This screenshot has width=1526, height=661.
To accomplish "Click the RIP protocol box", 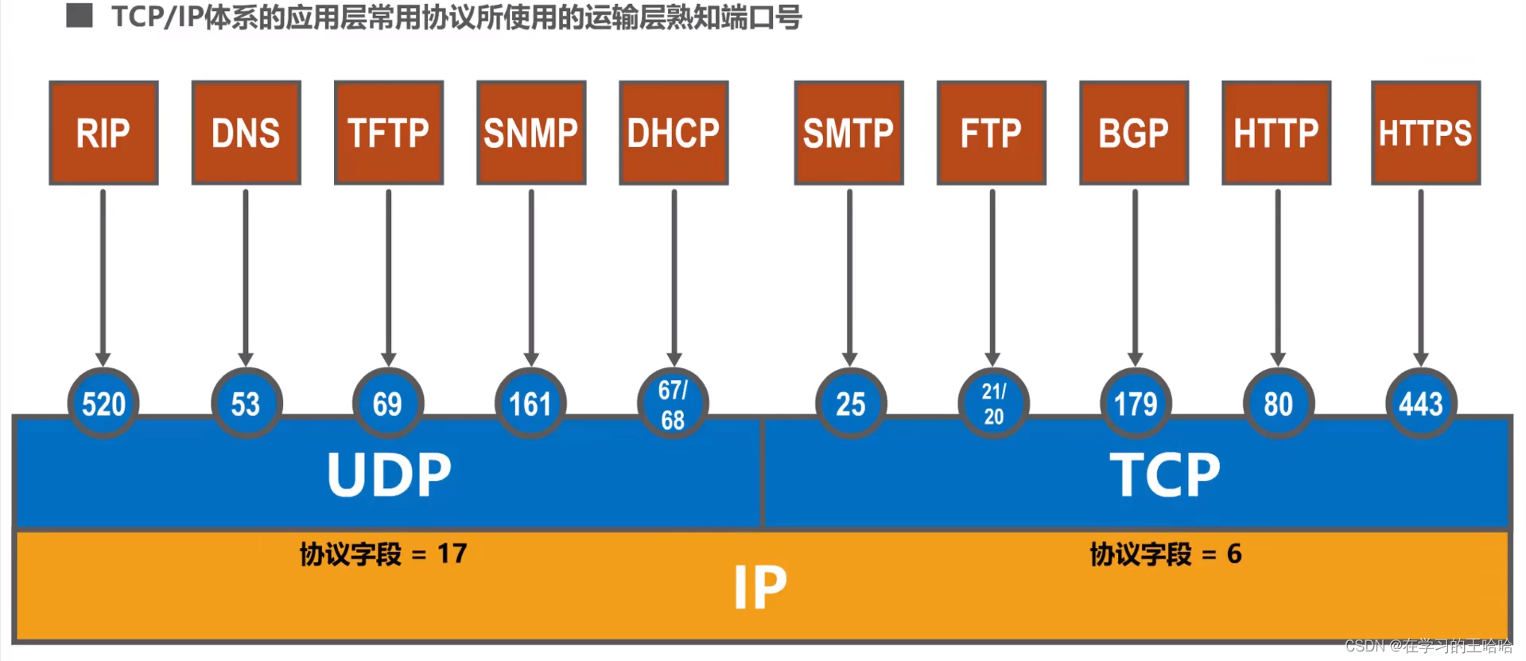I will click(103, 133).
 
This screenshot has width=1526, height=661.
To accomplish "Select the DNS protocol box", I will click(246, 133).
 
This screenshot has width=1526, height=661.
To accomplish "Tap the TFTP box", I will click(388, 133).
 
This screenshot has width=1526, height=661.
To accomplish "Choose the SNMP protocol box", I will click(531, 133).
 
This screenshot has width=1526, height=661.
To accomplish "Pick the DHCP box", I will click(674, 133).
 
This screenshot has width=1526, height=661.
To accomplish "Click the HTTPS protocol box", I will click(1425, 133).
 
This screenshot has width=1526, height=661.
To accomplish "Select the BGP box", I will click(1134, 133).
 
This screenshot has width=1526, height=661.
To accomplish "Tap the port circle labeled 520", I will click(103, 403).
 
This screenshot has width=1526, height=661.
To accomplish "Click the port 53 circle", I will click(246, 403).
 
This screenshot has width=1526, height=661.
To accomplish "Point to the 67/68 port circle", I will click(673, 403).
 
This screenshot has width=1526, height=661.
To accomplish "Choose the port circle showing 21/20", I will click(993, 403).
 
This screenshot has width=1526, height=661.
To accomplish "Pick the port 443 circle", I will click(1421, 403).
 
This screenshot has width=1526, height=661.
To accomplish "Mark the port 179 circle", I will click(1136, 403).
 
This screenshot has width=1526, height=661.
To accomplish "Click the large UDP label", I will click(389, 475).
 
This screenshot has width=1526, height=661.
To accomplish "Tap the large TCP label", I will click(1165, 475).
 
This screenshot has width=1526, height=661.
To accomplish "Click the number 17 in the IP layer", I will click(452, 554).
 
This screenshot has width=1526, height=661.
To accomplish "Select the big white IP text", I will click(760, 588).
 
